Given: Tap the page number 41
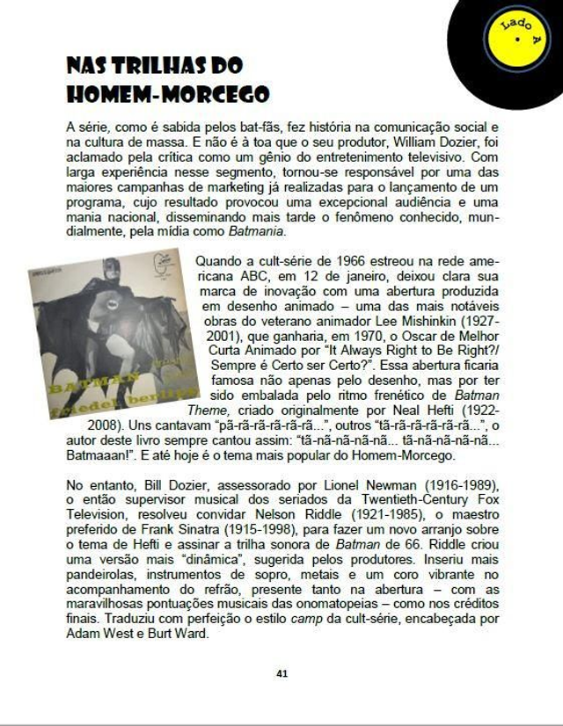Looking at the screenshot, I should pos(281,673).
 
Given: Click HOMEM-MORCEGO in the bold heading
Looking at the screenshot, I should pos(167,94).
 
